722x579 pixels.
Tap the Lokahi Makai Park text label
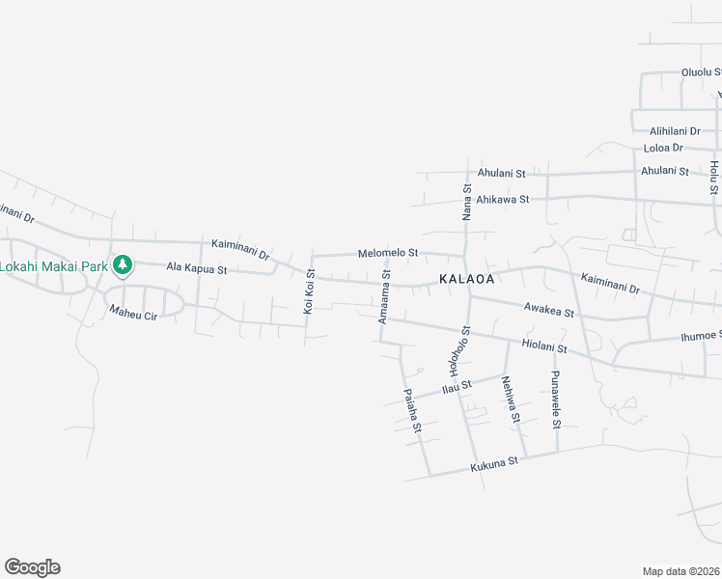54,265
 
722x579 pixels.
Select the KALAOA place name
466,279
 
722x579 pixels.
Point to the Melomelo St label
388,253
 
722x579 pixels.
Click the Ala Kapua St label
196,268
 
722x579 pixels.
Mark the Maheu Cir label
132,312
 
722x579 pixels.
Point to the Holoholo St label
459,351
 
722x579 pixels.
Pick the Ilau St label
456,387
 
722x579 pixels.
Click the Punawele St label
556,399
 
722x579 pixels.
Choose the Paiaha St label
412,410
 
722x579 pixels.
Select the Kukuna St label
494,464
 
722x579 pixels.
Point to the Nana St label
466,202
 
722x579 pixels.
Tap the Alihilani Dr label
675,130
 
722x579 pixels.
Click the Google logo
32,567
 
